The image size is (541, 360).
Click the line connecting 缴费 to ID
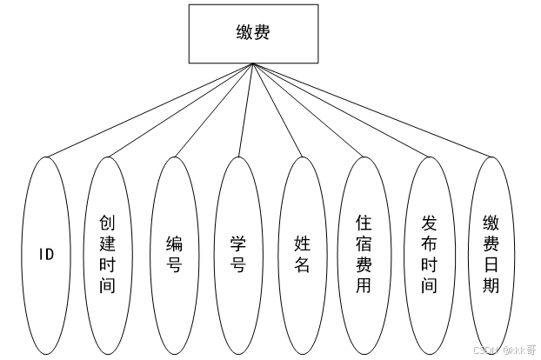click(x=150, y=110)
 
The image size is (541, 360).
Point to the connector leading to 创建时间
click(x=178, y=110)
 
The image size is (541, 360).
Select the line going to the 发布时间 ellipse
click(x=341, y=110)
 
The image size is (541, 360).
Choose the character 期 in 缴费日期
click(x=491, y=285)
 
